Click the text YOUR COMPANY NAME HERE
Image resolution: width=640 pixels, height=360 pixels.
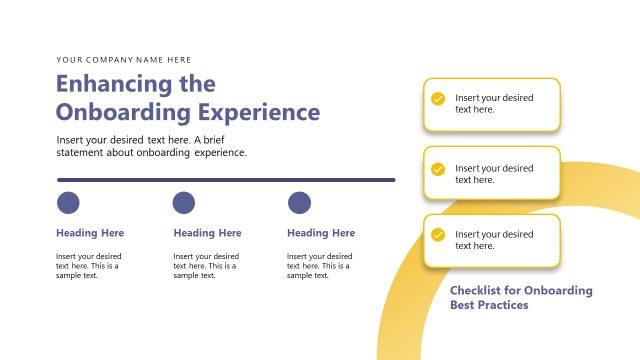pyautogui.click(x=124, y=60)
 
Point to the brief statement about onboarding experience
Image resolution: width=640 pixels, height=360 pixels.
pyautogui.click(x=152, y=146)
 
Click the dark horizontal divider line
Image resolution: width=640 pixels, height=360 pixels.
pyautogui.click(x=226, y=180)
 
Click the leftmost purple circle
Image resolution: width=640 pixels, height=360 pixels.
pyautogui.click(x=68, y=203)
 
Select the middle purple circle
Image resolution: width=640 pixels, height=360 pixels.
pyautogui.click(x=184, y=203)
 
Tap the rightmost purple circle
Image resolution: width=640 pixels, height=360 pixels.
pyautogui.click(x=299, y=203)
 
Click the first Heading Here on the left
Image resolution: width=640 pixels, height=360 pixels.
pyautogui.click(x=90, y=233)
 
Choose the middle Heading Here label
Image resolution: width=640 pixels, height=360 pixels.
pyautogui.click(x=207, y=233)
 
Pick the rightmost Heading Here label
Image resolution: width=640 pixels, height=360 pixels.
pyautogui.click(x=321, y=233)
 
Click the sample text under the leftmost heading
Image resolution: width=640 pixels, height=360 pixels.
pyautogui.click(x=89, y=266)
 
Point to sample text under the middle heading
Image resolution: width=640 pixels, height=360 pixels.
pyautogui.click(x=206, y=266)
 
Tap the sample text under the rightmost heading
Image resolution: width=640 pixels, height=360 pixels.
pyautogui.click(x=320, y=266)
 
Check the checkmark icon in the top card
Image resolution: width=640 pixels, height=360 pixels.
pyautogui.click(x=438, y=99)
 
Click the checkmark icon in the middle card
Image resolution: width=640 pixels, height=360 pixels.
pyautogui.click(x=438, y=169)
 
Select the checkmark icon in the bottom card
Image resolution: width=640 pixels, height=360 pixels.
pyautogui.click(x=438, y=235)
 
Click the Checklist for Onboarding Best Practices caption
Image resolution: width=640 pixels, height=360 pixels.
pyautogui.click(x=521, y=297)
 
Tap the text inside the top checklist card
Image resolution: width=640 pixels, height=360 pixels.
pyautogui.click(x=494, y=103)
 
